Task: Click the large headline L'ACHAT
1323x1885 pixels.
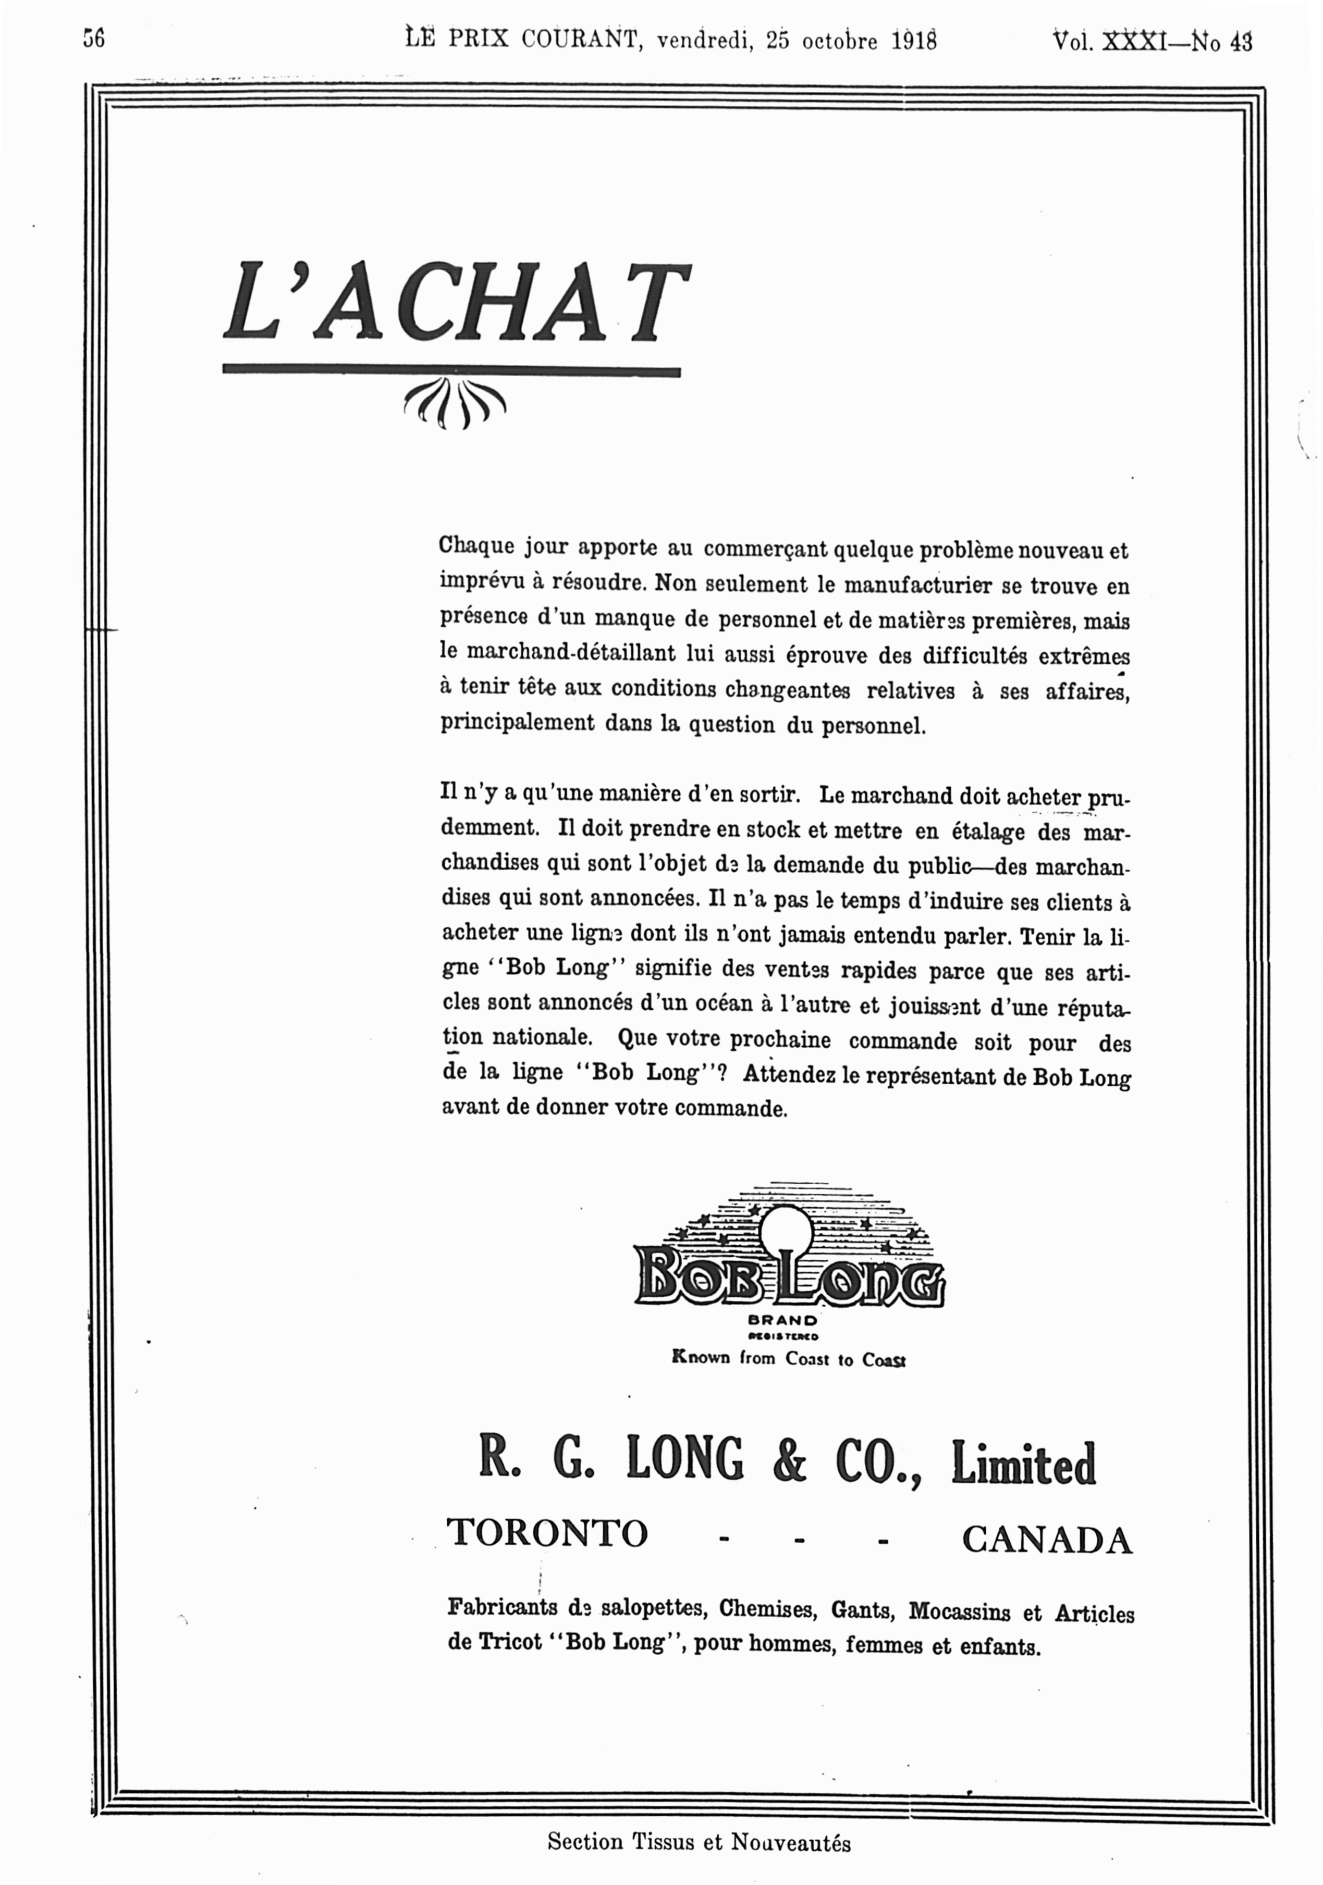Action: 456,304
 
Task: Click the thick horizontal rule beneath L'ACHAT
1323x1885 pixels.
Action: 451,372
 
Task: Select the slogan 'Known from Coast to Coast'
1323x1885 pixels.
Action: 788,1359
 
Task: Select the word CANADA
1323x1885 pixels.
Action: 1047,1540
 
